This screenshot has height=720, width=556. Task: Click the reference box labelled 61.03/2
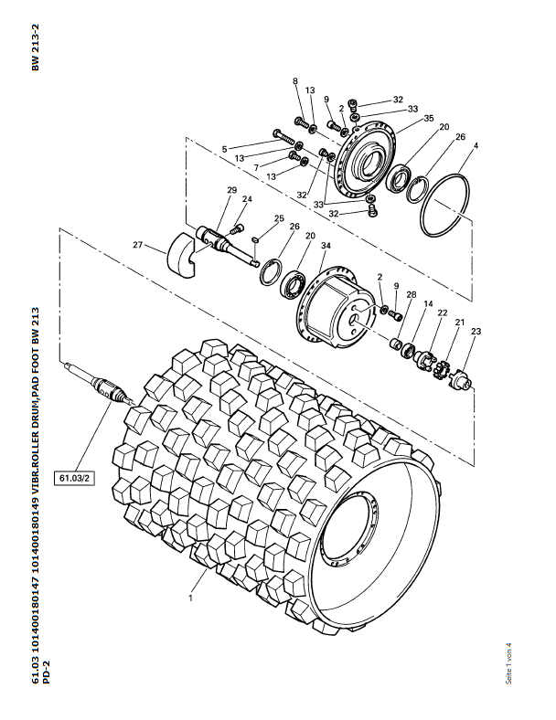coord(74,478)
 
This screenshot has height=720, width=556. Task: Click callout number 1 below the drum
coord(190,598)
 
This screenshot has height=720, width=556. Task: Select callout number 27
coord(138,245)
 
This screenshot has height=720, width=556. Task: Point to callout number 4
coord(476,145)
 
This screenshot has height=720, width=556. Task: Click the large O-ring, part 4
coord(445,205)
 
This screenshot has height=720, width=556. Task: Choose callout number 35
coord(429,119)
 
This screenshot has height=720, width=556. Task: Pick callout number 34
coord(326,246)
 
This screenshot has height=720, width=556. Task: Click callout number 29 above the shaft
coord(231,190)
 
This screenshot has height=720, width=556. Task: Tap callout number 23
coord(476,331)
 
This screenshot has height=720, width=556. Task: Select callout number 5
coord(224,149)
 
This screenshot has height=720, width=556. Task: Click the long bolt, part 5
coord(284,137)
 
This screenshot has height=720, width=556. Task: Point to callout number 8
coord(295,80)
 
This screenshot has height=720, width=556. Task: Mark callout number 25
coord(280,218)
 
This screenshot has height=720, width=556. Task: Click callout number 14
coord(428,303)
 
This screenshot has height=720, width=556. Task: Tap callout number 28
coord(412,294)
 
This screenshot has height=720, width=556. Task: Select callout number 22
coord(443,312)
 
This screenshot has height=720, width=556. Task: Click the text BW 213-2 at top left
coord(36,48)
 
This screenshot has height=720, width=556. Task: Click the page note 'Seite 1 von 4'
coord(508,663)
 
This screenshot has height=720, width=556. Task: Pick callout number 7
coord(256,168)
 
